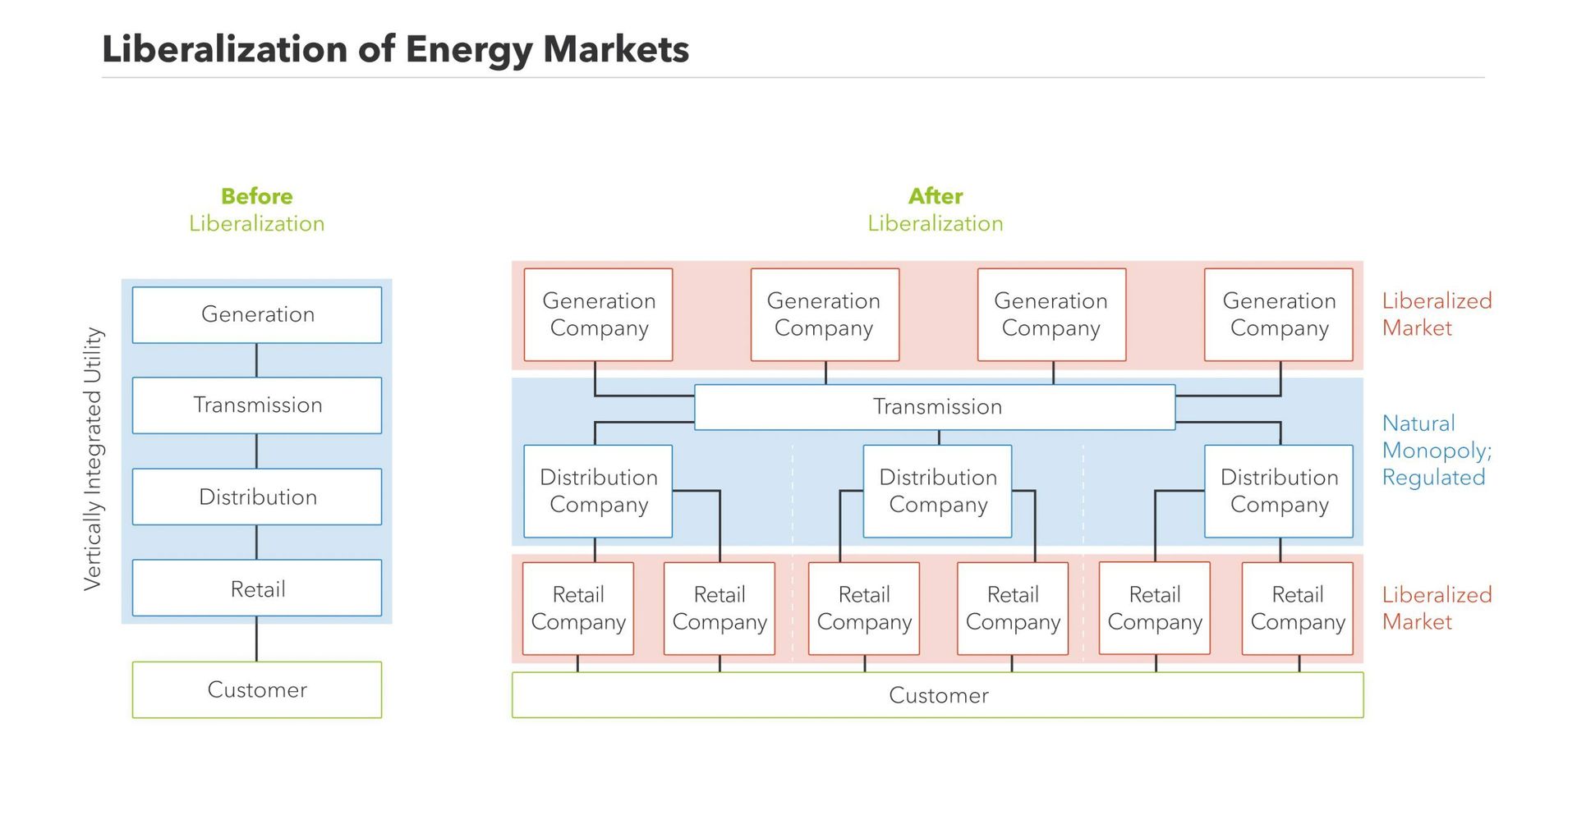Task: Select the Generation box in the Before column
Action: tap(257, 314)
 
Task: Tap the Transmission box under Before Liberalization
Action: tap(257, 405)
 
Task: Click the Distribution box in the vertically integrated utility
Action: tap(257, 497)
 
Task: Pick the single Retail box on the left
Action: tap(257, 588)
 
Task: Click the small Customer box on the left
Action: tap(257, 689)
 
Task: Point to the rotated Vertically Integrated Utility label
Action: tap(93, 459)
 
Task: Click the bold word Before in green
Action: tap(257, 196)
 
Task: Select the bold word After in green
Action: tap(936, 196)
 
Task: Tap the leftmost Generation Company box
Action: tap(599, 314)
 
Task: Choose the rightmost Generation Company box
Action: tap(1279, 314)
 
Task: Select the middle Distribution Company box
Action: tap(938, 491)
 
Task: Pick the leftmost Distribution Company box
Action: tap(599, 491)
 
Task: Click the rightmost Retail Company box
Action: tap(1298, 608)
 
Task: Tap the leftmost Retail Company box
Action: tap(578, 608)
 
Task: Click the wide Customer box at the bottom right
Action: tap(938, 695)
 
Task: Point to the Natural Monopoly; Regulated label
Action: tap(1436, 451)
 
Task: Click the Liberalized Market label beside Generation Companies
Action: tap(1436, 314)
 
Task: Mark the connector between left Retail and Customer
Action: tap(256, 639)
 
